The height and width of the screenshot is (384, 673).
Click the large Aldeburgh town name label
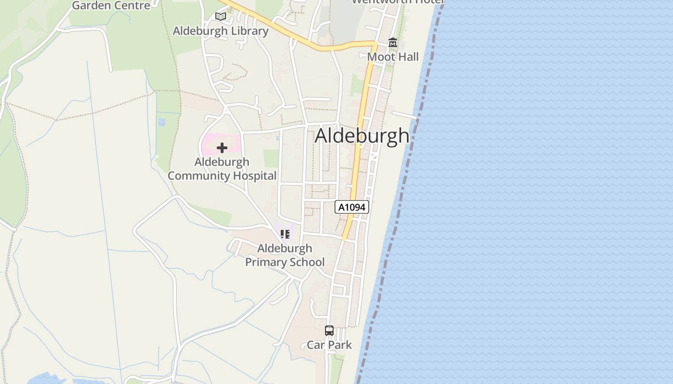click(362, 136)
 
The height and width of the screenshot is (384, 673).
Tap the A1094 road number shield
click(352, 207)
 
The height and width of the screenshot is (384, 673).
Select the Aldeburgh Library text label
click(221, 31)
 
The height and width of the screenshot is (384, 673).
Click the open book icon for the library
click(221, 17)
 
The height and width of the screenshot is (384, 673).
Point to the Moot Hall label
click(393, 57)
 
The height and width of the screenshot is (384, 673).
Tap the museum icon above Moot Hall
click(393, 43)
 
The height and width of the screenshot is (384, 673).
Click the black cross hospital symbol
click(222, 148)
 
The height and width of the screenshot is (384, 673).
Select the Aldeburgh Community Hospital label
click(222, 168)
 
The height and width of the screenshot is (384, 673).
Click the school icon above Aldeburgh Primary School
click(285, 234)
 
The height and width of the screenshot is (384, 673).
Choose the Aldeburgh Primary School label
click(285, 255)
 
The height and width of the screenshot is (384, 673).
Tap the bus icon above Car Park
click(329, 331)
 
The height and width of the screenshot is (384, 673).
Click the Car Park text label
click(329, 345)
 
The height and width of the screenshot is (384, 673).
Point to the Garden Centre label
click(111, 5)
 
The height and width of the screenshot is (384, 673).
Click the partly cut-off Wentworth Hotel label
click(397, 2)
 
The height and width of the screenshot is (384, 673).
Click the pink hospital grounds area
click(210, 144)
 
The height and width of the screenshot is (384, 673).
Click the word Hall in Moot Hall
click(407, 57)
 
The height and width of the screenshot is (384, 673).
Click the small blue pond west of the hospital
click(162, 122)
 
